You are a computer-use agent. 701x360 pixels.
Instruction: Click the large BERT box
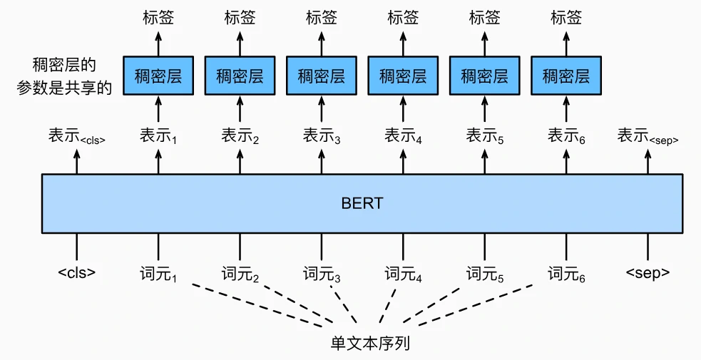pos(362,203)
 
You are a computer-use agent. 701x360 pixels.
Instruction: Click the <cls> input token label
pos(77,272)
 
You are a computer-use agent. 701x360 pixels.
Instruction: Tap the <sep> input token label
pos(648,272)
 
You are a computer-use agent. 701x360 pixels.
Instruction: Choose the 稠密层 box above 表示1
pos(158,76)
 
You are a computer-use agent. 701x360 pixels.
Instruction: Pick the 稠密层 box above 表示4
pos(403,76)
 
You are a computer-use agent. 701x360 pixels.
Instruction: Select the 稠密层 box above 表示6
pos(566,76)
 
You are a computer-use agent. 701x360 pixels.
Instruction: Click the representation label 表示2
pos(240,135)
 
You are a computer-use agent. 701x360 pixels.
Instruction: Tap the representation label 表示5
pos(485,135)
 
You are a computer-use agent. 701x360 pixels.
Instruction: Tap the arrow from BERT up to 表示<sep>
pos(648,161)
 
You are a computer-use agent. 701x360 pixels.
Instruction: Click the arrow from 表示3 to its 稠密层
pos(322,110)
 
